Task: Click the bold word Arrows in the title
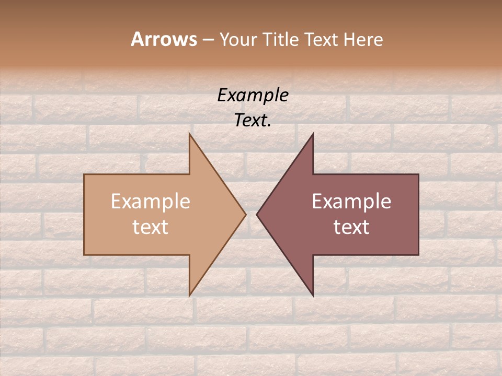pos(164,39)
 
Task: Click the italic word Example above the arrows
pos(253,96)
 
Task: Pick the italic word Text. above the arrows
pos(253,121)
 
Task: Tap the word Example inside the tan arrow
pos(150,202)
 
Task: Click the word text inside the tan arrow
pos(150,227)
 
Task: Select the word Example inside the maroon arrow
pos(351,202)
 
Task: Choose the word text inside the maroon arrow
pos(351,227)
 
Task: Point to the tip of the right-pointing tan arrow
pos(246,215)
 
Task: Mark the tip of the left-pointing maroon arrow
pos(257,215)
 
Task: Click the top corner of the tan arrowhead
pos(189,134)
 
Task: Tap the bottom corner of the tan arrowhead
pos(189,296)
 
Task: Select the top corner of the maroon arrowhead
pos(313,134)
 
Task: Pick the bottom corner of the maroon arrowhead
pos(313,296)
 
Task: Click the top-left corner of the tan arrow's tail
pos(84,174)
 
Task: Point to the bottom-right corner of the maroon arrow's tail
pos(418,255)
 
